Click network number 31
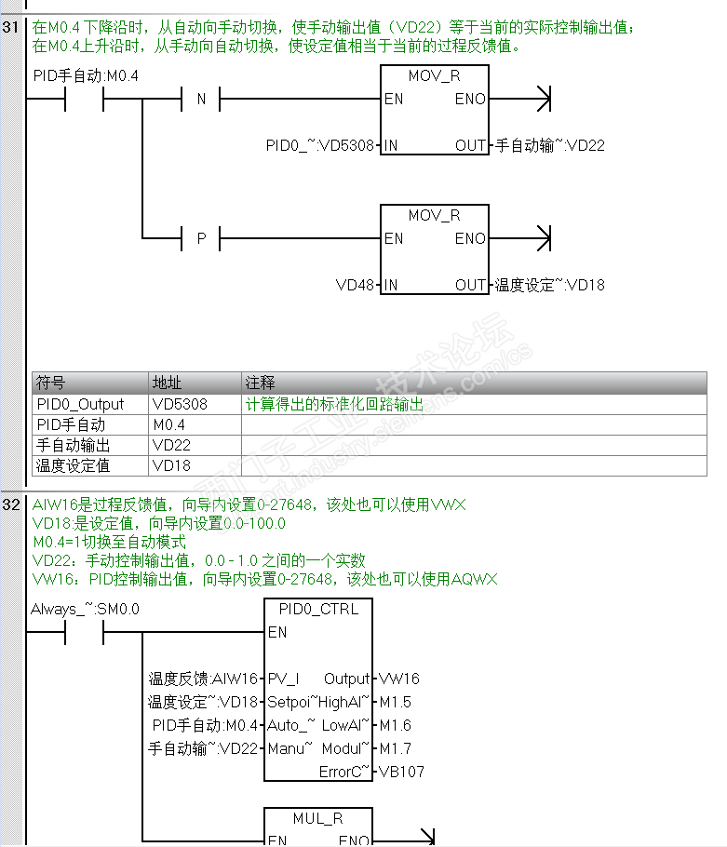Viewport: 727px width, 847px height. coord(11,27)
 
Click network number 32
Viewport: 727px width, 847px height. coord(11,504)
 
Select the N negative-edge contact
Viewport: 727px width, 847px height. coord(200,99)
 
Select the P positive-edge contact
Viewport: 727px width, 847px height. coord(200,238)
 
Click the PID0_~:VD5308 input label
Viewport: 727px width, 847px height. coord(319,145)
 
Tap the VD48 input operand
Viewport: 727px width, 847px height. coord(354,285)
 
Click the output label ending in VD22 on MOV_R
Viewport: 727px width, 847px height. coord(549,145)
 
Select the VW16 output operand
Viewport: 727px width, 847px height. coord(399,679)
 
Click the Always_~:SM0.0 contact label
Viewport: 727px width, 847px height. coord(85,610)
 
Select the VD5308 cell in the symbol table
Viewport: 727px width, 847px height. coord(180,405)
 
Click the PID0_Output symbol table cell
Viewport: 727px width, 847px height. coord(80,405)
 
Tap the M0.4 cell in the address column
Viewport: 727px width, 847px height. coord(168,425)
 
